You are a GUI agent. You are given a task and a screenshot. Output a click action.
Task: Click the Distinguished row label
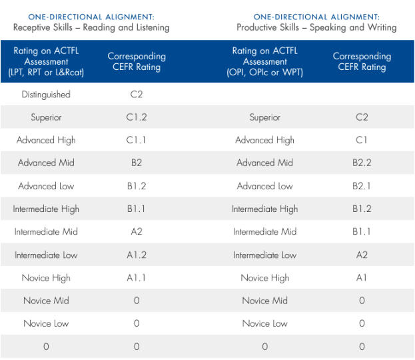(46, 95)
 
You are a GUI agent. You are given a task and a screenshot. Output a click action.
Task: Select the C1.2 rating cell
(137, 117)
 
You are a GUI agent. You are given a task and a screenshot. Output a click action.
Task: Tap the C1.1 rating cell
(137, 140)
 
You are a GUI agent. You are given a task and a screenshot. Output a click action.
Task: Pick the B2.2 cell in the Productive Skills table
(362, 163)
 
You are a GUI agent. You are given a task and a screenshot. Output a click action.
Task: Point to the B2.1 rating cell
(362, 186)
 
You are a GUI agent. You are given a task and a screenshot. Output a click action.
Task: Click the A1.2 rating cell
(137, 255)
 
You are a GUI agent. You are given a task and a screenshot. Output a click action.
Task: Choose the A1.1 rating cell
(137, 278)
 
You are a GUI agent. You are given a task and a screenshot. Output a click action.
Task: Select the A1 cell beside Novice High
(362, 278)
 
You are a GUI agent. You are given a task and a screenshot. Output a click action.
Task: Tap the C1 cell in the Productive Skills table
(362, 140)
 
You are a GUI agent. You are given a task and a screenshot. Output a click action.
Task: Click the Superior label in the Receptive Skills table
(46, 117)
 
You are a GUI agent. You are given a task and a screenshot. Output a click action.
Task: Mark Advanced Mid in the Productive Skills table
(264, 163)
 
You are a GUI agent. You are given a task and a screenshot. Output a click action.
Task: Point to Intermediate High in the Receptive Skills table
(46, 209)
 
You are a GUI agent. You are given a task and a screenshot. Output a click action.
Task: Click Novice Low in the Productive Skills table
(264, 323)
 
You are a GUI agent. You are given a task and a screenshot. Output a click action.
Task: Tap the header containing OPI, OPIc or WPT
(264, 61)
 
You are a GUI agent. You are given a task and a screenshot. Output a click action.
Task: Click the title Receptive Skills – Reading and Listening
(91, 27)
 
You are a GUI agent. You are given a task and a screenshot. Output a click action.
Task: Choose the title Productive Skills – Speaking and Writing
(316, 27)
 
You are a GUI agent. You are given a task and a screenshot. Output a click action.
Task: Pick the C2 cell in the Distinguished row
(137, 95)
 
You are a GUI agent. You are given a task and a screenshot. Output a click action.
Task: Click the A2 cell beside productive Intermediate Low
(362, 255)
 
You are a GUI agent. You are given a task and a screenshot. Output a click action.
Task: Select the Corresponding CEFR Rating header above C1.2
(137, 61)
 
